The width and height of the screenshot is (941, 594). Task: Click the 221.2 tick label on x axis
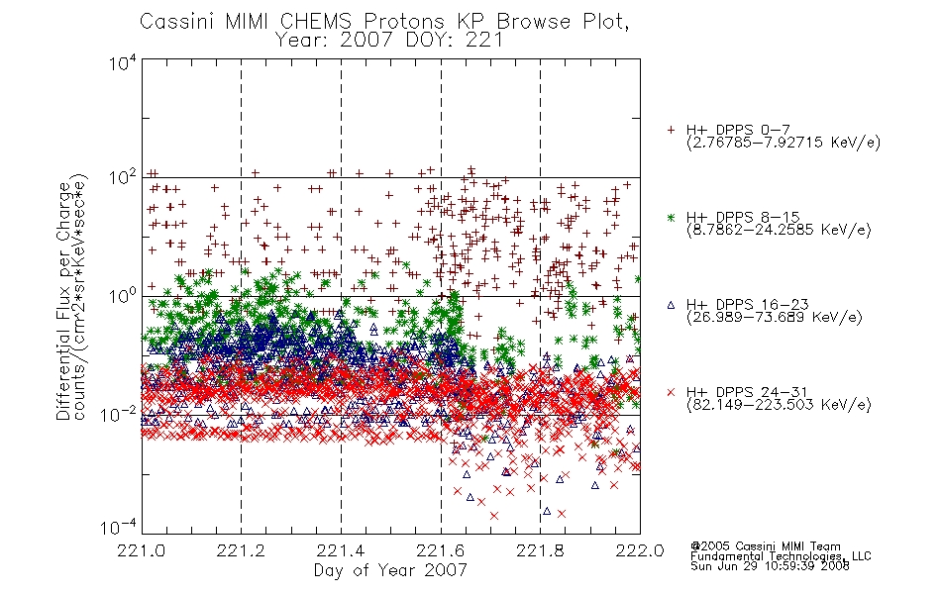coord(242,550)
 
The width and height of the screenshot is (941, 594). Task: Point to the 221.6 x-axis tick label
coord(441,550)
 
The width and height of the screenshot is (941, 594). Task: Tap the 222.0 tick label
coord(640,550)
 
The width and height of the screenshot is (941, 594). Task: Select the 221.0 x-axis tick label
coord(142,550)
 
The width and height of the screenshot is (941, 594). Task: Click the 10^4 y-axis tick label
coord(123,62)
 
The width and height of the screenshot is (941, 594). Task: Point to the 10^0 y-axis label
coord(123,295)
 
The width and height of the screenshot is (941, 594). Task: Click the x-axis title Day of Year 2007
coord(390,570)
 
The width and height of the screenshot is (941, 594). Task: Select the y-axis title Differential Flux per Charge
coord(63,301)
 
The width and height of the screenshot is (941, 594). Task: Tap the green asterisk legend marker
coord(671,218)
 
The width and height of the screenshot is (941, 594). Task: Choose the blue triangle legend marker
coord(671,305)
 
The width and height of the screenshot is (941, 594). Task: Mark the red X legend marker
coord(671,392)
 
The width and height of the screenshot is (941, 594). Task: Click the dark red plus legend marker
coord(671,131)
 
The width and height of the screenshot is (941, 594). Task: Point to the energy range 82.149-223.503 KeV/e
coord(779,405)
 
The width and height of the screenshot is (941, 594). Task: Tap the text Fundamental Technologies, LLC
coord(781,556)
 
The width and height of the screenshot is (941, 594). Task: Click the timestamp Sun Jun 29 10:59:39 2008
coord(770,566)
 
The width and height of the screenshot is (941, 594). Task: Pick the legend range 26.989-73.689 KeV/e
coord(775,318)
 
